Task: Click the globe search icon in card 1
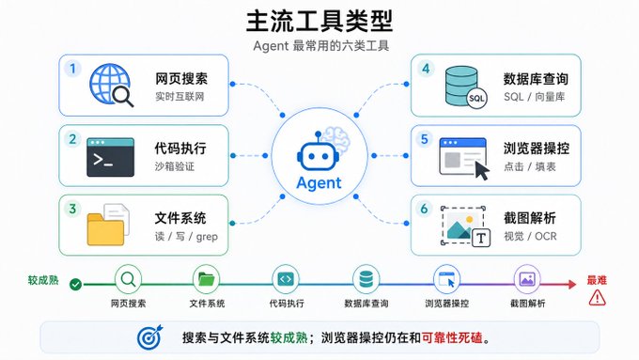point(111,85)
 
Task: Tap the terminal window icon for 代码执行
point(111,157)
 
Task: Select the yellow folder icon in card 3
point(108,225)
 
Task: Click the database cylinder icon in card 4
point(465,87)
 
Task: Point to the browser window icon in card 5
point(464,158)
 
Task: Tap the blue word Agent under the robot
point(319,183)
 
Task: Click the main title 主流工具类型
point(319,22)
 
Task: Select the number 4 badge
point(426,69)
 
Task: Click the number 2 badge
point(72,139)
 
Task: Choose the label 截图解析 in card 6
point(529,218)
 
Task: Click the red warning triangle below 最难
point(597,298)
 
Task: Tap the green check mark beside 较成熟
point(75,284)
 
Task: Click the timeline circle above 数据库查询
point(366,279)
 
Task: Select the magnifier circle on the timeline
point(128,279)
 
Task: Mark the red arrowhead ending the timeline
point(572,284)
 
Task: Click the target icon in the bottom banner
point(149,337)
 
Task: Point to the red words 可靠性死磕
point(452,337)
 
